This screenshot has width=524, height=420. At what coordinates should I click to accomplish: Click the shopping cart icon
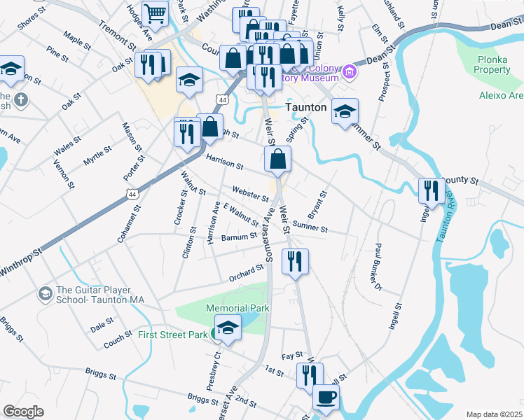154,13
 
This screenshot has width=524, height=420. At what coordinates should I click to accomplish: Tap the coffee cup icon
326,398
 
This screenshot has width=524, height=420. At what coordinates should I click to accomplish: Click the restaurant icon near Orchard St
295,261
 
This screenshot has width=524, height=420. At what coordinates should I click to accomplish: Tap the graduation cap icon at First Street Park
228,328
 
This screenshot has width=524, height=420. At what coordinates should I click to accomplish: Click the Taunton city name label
306,108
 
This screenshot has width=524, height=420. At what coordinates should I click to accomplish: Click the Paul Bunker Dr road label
378,267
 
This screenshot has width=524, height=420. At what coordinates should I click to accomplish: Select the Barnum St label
239,237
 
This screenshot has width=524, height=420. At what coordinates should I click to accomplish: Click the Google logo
24,411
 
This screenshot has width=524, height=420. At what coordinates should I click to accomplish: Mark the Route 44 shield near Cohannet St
132,193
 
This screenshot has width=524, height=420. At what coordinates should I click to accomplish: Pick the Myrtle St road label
97,155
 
